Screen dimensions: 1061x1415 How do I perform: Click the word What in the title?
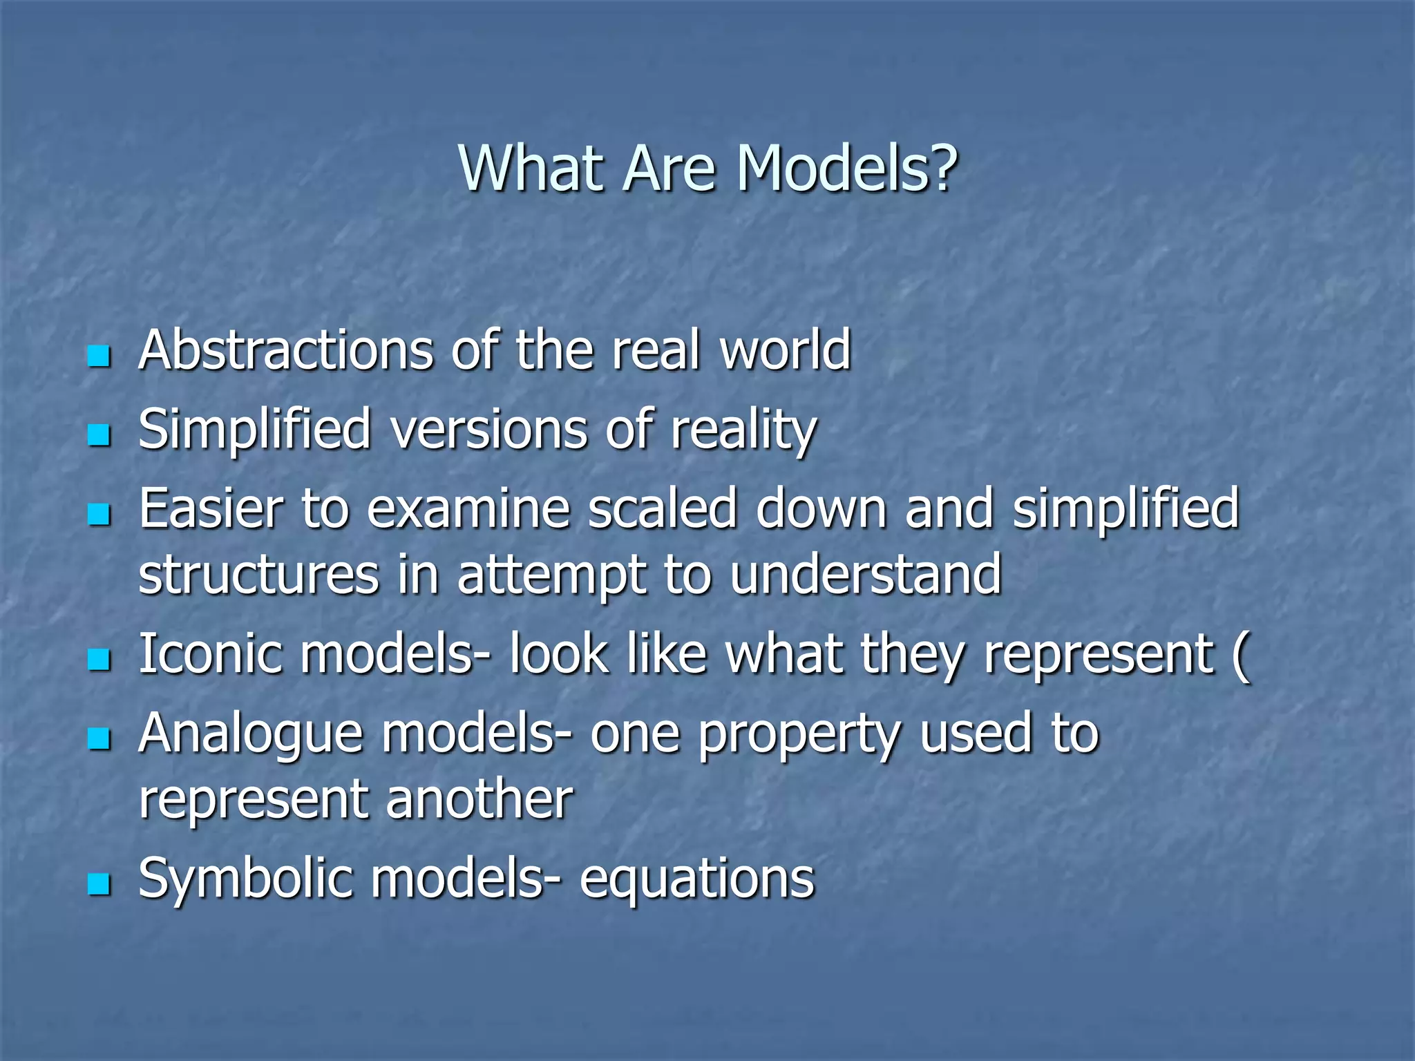[531, 169]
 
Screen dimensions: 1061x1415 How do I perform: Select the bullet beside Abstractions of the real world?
[99, 356]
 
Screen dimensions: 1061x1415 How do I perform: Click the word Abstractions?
[286, 350]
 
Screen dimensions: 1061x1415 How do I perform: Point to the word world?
[786, 350]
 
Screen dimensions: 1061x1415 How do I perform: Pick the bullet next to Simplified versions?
[99, 435]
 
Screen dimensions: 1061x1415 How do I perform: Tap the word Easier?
[211, 509]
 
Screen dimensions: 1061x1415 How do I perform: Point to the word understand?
[865, 575]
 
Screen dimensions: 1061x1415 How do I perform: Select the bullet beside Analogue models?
[99, 738]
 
